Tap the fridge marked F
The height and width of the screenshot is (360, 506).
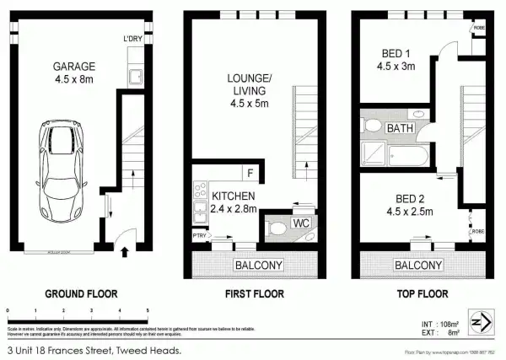pyautogui.click(x=250, y=174)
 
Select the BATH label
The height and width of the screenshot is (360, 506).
pyautogui.click(x=400, y=128)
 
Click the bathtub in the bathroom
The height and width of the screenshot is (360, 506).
pyautogui.click(x=412, y=153)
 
